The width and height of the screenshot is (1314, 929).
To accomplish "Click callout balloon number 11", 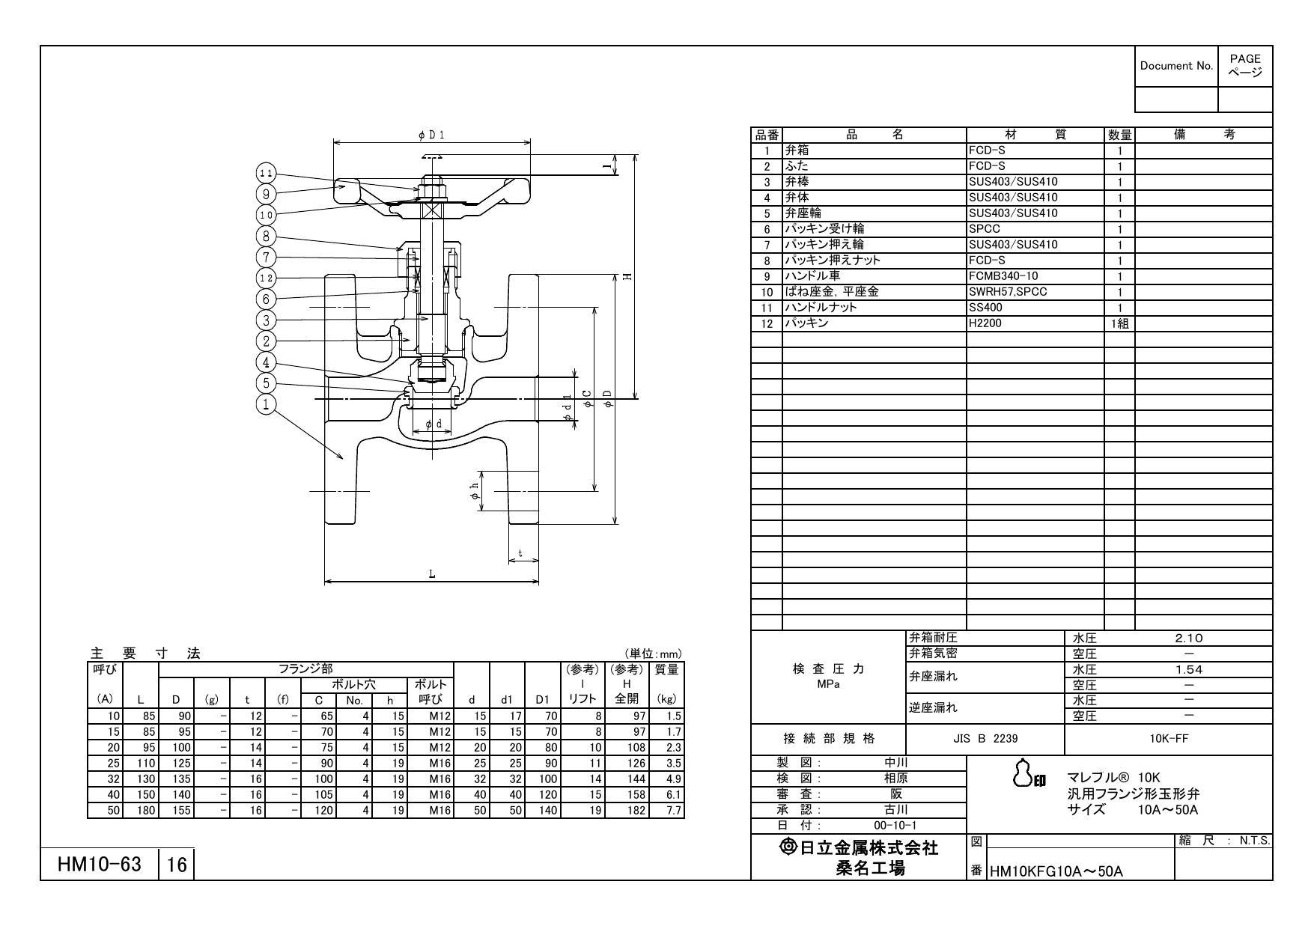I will pyautogui.click(x=267, y=173).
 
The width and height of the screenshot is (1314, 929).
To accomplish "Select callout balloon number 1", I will pyautogui.click(x=266, y=404).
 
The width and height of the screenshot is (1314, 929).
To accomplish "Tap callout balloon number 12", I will pyautogui.click(x=267, y=278).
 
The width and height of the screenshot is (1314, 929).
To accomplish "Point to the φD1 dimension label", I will pyautogui.click(x=431, y=135).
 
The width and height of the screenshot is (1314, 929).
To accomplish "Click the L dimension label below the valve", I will pyautogui.click(x=431, y=574).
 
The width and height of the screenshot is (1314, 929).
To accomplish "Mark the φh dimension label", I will pyautogui.click(x=473, y=491).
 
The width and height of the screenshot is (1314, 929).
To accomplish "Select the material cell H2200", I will pyautogui.click(x=985, y=323).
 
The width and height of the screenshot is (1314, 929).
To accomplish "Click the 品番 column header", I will pyautogui.click(x=766, y=135).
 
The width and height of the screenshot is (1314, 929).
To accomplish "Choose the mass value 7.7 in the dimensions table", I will pyautogui.click(x=673, y=810).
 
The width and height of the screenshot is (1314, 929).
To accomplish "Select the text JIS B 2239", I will pyautogui.click(x=985, y=738).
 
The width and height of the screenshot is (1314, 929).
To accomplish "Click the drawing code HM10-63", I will pyautogui.click(x=100, y=865).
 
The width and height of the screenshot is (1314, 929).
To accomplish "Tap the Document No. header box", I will pyautogui.click(x=1176, y=66).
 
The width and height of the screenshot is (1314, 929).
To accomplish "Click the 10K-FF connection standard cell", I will pyautogui.click(x=1169, y=738).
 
